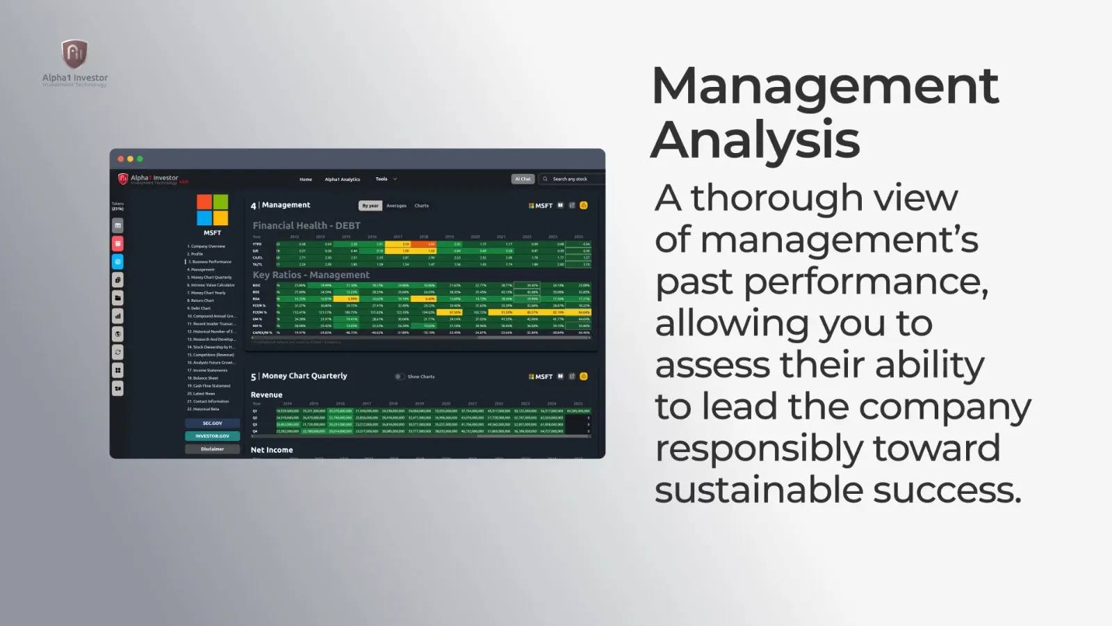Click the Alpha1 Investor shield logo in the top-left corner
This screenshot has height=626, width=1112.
[74, 54]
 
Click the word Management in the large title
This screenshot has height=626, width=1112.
[825, 86]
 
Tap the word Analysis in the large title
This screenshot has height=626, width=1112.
[755, 140]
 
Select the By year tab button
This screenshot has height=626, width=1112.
[370, 206]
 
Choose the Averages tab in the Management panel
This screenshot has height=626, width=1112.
[396, 206]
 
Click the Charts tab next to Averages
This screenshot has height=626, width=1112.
[421, 206]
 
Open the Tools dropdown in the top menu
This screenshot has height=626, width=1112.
[386, 179]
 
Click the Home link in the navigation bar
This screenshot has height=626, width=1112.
[306, 179]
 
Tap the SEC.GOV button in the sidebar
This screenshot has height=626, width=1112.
[212, 423]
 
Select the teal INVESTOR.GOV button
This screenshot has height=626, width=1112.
[212, 436]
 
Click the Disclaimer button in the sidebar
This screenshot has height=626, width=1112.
[212, 449]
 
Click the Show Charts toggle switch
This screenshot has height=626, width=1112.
[399, 376]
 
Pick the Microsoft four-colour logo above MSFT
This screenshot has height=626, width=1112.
[212, 210]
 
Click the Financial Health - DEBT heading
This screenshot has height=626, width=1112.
[306, 225]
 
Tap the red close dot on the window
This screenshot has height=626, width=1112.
[120, 159]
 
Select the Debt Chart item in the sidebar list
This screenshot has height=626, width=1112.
[200, 308]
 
